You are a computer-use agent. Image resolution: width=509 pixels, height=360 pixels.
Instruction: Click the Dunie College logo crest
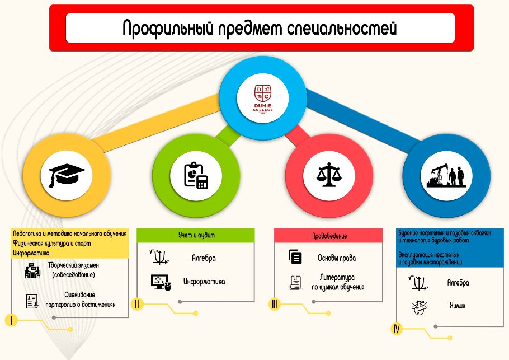(263, 99)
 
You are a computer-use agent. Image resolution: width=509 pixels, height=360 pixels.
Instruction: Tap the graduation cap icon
(67, 176)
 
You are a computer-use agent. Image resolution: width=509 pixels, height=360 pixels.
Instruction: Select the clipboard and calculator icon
(196, 175)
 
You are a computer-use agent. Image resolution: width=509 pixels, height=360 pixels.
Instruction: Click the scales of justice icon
(329, 175)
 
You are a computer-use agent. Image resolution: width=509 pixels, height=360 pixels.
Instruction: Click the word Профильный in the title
(168, 28)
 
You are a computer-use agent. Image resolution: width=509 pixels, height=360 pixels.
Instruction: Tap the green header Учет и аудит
(196, 235)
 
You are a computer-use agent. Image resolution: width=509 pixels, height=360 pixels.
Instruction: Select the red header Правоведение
(328, 236)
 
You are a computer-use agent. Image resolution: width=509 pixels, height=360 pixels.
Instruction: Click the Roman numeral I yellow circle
(11, 320)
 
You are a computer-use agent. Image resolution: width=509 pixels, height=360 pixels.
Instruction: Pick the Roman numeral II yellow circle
(137, 304)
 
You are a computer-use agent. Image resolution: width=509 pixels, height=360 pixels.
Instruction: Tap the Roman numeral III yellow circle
(275, 304)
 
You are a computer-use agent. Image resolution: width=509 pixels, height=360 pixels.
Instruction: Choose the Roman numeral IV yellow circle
(397, 329)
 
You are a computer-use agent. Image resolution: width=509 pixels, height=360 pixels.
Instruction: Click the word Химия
(458, 306)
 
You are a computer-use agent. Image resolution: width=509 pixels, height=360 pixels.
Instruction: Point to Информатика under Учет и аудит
(204, 282)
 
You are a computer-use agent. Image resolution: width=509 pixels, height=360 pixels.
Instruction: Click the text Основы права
(337, 258)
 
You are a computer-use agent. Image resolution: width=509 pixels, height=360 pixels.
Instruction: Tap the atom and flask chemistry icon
(419, 307)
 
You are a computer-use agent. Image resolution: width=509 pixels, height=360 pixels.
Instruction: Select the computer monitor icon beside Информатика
(161, 282)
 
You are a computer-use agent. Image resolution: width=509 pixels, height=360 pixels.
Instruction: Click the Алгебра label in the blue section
(458, 283)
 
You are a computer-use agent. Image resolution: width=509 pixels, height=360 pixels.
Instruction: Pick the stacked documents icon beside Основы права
(295, 256)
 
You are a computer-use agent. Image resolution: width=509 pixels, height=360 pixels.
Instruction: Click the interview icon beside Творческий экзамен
(32, 270)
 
